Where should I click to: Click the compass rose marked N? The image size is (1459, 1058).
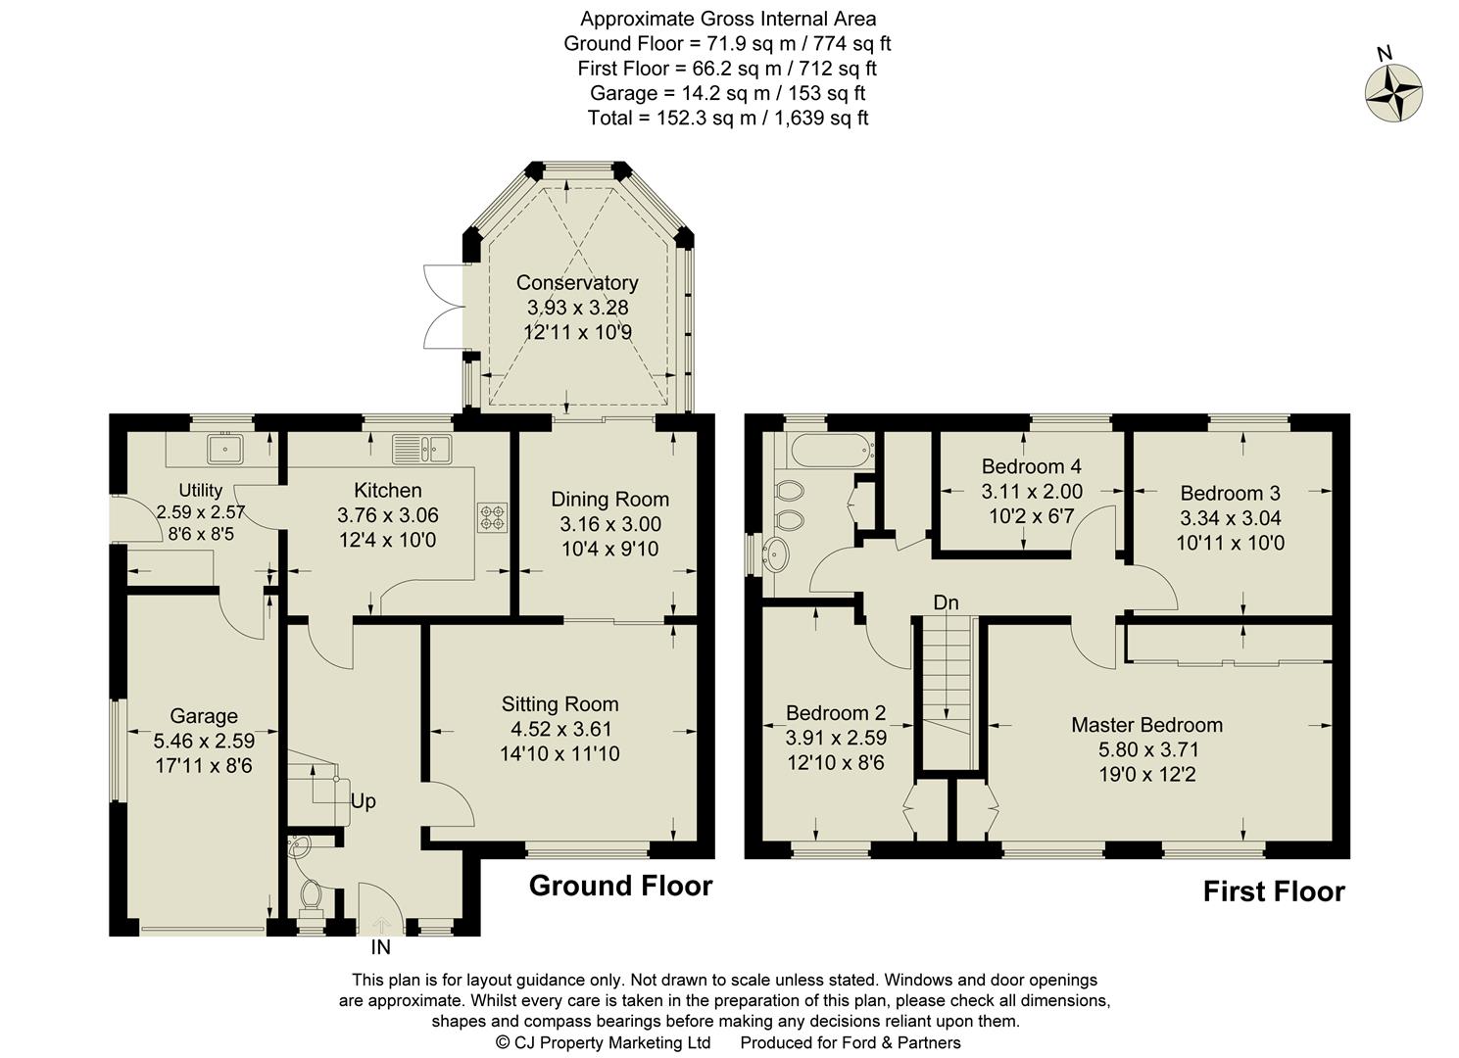point(1393,94)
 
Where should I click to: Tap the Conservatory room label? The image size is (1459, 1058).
point(577,283)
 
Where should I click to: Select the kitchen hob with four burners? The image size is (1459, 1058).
point(491,517)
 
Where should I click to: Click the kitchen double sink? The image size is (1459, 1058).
point(421,449)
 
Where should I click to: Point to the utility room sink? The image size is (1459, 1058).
point(225,450)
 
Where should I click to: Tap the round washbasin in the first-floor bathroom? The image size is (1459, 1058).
point(779,555)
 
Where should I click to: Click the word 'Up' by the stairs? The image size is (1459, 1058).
point(363,801)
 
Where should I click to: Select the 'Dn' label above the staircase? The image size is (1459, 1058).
point(945,602)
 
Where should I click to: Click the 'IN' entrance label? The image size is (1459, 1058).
point(380,947)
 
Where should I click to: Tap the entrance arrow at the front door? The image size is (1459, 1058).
point(381,924)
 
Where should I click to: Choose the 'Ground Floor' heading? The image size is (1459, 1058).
point(620,886)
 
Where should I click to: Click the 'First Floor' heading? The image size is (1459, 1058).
point(1274,891)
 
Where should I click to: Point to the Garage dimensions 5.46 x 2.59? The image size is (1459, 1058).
point(204,741)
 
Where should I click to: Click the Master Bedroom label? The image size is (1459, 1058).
point(1146,725)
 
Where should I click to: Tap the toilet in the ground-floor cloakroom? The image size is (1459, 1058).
point(313,894)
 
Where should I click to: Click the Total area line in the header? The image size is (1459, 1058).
point(727,118)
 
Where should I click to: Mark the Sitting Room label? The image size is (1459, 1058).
point(559,703)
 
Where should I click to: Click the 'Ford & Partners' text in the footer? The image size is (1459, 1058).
point(899,1042)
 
